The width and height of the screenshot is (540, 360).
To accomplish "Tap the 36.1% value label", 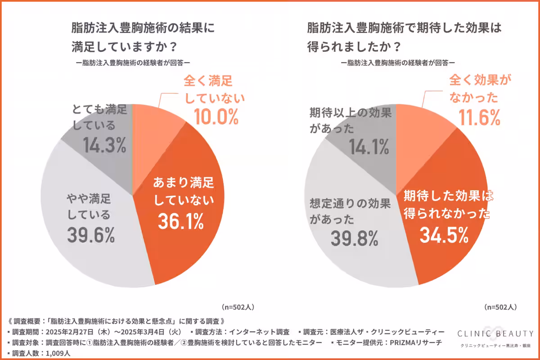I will pos(180,220).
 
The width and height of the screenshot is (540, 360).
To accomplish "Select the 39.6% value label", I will pos(91,234).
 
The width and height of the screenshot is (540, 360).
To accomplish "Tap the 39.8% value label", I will pos(354,238).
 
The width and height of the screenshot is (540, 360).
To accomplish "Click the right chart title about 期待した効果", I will pos(404,36).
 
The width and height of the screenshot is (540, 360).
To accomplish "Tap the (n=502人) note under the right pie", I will pos(500,307).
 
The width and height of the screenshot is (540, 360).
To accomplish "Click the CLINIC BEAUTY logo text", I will pos(495,333).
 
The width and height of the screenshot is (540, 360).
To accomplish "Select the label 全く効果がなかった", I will pos(475,89).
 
